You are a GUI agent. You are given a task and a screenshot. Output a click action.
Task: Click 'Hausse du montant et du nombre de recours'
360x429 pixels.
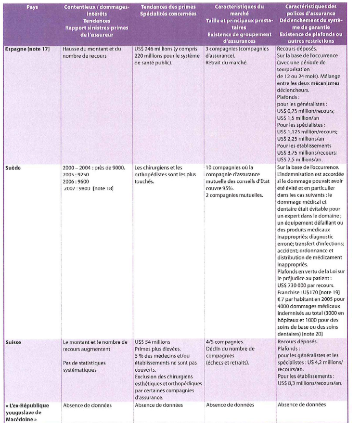tap(93, 52)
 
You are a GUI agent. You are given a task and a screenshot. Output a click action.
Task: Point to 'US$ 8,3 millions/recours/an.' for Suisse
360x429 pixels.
tap(309, 383)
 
